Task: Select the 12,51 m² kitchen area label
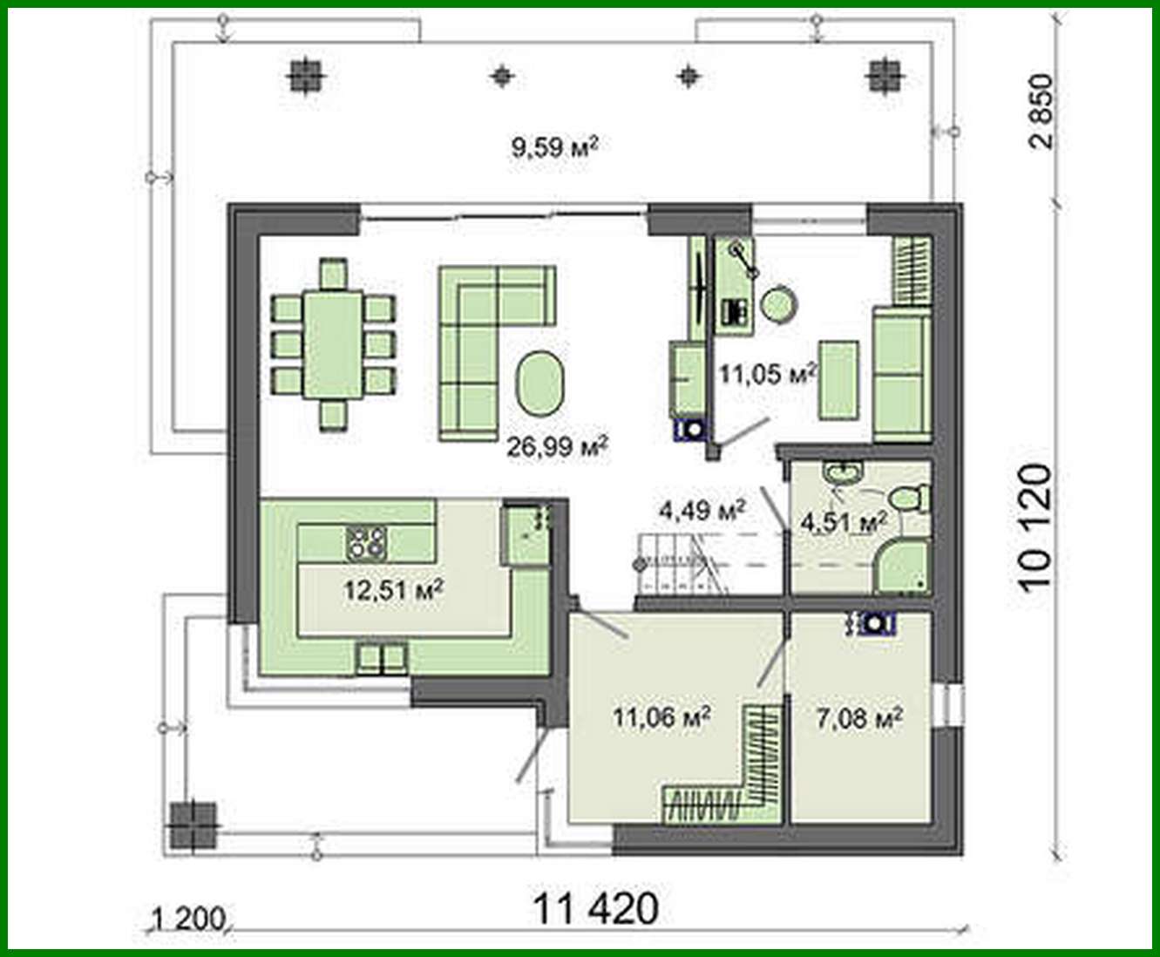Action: click(x=394, y=590)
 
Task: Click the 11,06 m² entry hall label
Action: click(x=661, y=717)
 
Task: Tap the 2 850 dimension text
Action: click(x=1041, y=112)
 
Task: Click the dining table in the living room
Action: click(x=333, y=344)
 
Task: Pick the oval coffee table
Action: click(x=540, y=383)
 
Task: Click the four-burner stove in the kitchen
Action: click(x=366, y=543)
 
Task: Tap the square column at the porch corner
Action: click(x=193, y=825)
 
